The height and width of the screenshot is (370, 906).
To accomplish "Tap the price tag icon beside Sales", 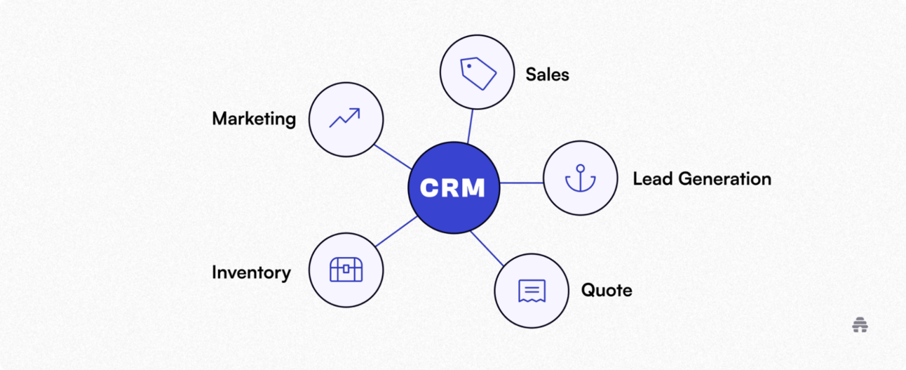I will click(478, 72).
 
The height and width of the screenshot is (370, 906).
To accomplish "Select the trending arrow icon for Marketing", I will click(346, 118).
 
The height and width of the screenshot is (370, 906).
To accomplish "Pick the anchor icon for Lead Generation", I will click(580, 178).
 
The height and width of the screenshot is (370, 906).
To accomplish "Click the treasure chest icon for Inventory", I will click(346, 270).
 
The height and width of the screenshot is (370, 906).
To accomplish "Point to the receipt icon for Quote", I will click(532, 290).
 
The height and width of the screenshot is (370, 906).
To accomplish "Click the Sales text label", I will click(547, 74).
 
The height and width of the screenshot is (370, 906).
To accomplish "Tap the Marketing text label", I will click(254, 119).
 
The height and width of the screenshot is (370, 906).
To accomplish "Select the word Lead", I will click(654, 179).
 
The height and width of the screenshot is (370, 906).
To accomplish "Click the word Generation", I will click(726, 179).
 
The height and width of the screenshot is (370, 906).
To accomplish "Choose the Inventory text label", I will click(251, 272).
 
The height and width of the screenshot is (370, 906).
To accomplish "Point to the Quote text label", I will click(606, 290).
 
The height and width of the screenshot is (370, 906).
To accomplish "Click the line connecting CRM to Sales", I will click(471, 126).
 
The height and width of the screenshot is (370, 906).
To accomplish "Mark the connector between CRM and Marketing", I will click(393, 157).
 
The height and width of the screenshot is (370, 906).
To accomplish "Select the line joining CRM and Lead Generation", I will click(521, 183).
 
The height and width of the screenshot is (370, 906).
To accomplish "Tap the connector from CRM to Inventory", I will click(396, 232).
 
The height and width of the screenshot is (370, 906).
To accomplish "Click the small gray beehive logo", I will click(860, 325).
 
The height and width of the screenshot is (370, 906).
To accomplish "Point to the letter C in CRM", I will click(428, 187).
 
